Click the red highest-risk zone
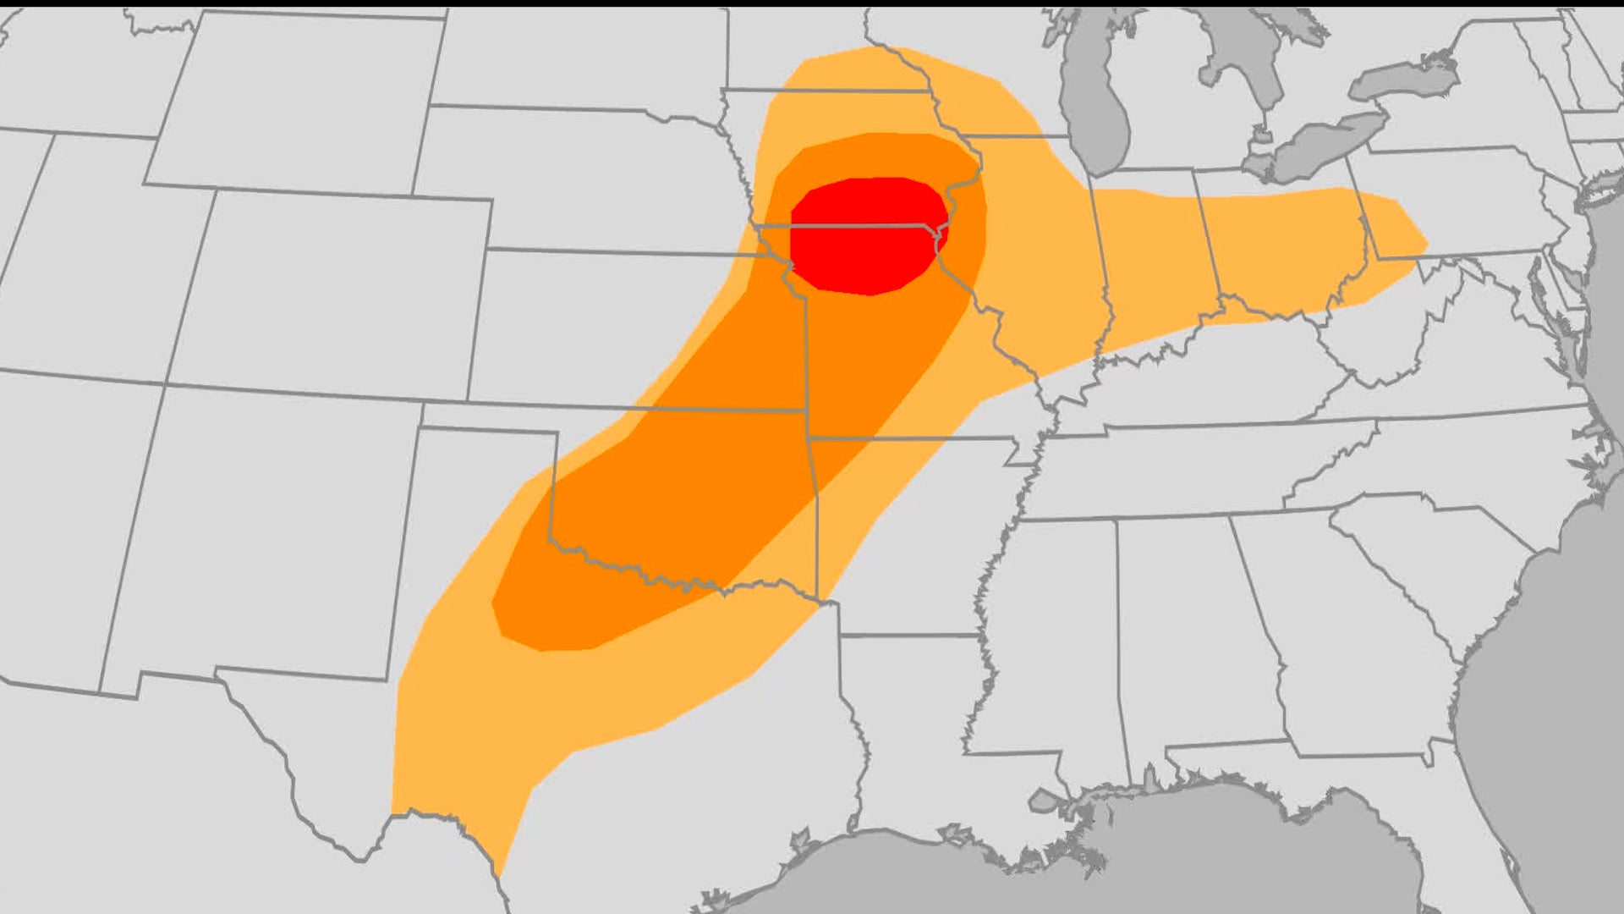[867, 235]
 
